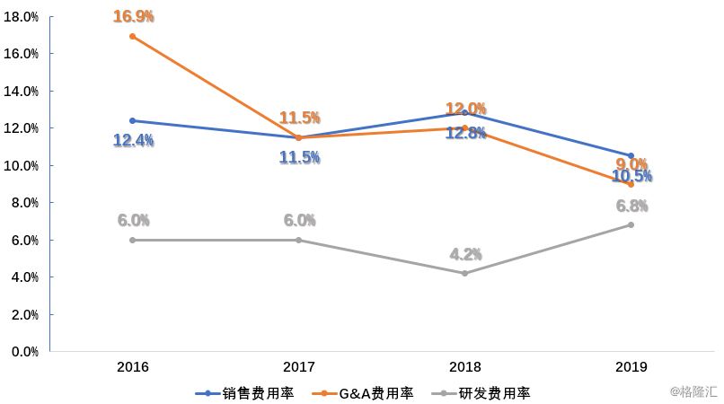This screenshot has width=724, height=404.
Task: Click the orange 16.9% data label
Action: [133, 16]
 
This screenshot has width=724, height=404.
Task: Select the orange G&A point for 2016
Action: [133, 36]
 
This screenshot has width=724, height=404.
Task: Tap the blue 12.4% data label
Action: [133, 140]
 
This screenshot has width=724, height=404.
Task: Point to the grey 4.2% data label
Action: [465, 254]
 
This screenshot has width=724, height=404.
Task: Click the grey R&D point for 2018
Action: [465, 273]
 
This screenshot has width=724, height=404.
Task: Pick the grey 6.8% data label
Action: [631, 206]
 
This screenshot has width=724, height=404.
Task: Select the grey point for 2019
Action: [631, 224]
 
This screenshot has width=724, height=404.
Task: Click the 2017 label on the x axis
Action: [299, 367]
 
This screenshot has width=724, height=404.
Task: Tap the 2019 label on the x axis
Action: [631, 367]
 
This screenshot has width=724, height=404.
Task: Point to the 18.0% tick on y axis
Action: [24, 16]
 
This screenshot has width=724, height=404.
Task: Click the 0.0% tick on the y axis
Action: [24, 352]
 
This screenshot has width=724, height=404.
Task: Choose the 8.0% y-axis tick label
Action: [24, 203]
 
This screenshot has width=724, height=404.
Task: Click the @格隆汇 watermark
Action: [693, 392]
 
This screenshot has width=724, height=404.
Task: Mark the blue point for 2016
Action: [133, 120]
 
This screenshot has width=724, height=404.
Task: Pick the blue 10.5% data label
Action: [631, 177]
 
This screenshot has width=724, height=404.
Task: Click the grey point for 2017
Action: [299, 240]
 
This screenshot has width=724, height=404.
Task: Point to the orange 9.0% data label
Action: [631, 163]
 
